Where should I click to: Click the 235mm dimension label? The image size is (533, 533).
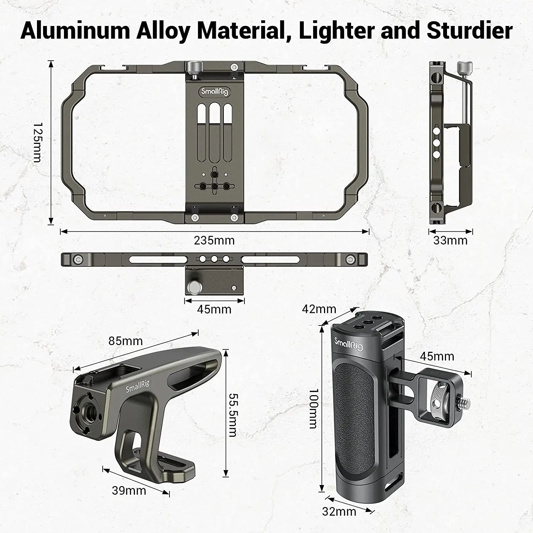(x=214, y=241)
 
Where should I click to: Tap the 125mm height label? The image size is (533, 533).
(x=38, y=143)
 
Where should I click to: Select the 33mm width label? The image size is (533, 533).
(x=450, y=241)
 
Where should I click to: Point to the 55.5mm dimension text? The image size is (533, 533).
(x=233, y=415)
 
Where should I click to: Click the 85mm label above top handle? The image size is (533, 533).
(x=125, y=341)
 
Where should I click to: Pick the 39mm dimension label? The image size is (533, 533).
(x=129, y=491)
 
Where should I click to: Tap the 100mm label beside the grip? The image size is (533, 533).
(x=313, y=408)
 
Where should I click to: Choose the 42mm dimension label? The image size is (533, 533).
(x=319, y=309)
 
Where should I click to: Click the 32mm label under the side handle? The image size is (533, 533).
(x=339, y=512)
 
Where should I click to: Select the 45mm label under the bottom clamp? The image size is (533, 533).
(x=214, y=309)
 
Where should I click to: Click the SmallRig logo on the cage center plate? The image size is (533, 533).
(x=214, y=92)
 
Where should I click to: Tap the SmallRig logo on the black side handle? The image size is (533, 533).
(x=349, y=344)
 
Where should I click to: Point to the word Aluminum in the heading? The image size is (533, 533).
(x=75, y=31)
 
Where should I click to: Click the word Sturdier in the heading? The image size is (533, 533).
(x=469, y=31)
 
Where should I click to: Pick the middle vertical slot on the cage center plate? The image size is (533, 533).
(x=214, y=131)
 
